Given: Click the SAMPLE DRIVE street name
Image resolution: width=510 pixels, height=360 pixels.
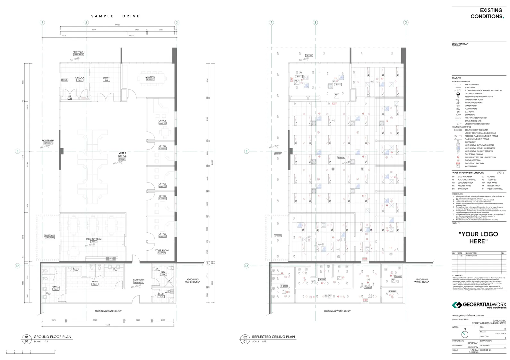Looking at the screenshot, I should [x=115, y=16].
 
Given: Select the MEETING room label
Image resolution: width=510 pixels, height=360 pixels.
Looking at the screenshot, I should [x=150, y=77].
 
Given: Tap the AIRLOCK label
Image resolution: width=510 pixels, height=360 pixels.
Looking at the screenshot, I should [x=80, y=78].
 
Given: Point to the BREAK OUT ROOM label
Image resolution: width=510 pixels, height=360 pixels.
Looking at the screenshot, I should [x=93, y=239].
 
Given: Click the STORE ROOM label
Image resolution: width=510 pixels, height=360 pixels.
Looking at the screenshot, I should [x=161, y=250].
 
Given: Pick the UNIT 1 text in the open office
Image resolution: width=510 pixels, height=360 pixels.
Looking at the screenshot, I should [x=122, y=153].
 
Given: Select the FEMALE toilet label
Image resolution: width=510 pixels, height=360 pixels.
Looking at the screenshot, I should [x=56, y=287].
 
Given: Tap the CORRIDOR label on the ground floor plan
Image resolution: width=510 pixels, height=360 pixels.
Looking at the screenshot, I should [x=139, y=280].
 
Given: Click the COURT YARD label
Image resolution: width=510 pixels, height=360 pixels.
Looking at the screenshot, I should [x=49, y=235].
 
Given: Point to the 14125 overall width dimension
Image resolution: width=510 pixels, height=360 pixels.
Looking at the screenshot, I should [x=117, y=25].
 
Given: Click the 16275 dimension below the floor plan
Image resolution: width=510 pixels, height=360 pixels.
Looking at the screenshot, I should [x=108, y=325].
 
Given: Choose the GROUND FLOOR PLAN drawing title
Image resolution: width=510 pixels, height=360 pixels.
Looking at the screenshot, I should [x=52, y=337].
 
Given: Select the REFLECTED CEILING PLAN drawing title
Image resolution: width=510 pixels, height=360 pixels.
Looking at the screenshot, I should [x=273, y=337].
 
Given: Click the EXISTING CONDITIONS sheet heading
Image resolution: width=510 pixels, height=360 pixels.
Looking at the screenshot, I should [x=487, y=13].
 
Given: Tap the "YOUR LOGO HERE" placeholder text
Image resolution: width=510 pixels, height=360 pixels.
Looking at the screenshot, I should [x=478, y=238].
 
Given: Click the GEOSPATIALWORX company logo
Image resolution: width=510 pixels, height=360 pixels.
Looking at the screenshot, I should [x=479, y=305].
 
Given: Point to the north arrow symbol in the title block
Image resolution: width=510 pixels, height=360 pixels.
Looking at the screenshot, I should [x=464, y=334].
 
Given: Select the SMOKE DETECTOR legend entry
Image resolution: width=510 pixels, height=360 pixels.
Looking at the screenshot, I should [x=473, y=160].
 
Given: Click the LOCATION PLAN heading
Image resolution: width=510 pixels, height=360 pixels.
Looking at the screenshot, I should [x=460, y=44].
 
